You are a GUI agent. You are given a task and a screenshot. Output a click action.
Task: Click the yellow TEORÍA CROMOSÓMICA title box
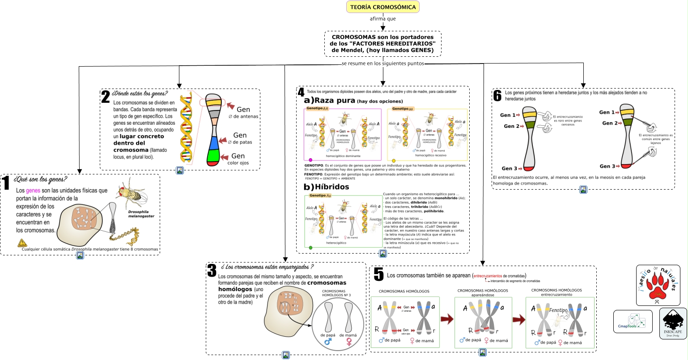382,7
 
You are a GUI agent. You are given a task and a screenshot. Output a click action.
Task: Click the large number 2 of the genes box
106,97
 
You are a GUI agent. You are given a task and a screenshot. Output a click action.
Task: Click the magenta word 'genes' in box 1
33,191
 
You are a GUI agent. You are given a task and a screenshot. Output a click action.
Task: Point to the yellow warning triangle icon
22,243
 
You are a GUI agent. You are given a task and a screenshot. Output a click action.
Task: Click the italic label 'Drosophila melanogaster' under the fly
141,213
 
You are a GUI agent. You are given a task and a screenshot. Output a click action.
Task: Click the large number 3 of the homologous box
212,270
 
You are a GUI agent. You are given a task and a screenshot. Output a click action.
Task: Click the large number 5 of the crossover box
378,275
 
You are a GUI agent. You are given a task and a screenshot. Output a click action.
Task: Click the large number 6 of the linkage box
497,95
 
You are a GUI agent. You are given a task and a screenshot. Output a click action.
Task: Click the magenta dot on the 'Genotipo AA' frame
310,160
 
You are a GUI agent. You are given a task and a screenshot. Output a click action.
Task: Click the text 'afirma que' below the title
382,19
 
